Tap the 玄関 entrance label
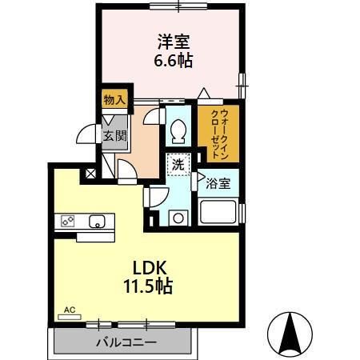(x=114, y=135)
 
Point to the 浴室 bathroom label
(x=218, y=182)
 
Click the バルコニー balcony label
(x=125, y=342)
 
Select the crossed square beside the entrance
(x=90, y=173)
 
